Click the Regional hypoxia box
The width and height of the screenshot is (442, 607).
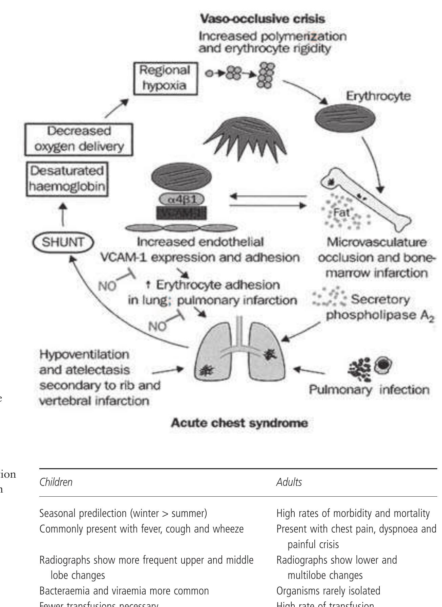coord(165,78)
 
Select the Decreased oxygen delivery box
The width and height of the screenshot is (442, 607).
coord(79,139)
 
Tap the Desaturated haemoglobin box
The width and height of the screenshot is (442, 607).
coord(67,179)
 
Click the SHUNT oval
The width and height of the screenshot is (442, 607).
coord(63,242)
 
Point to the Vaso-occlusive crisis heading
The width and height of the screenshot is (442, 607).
coord(262,19)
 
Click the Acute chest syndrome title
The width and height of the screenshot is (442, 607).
coord(239,423)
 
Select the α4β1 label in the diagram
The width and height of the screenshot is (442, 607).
coord(182,199)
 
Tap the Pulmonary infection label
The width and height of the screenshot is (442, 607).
coord(369,390)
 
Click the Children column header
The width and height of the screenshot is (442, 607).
coord(56,482)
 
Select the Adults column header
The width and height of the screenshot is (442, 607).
coord(289,482)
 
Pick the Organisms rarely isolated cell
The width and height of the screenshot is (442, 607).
coord(328,591)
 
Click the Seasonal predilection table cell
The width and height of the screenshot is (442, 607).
coord(123,514)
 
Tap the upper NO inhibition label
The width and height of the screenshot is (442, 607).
coord(107,286)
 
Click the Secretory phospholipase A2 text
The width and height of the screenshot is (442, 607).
coord(379,307)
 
